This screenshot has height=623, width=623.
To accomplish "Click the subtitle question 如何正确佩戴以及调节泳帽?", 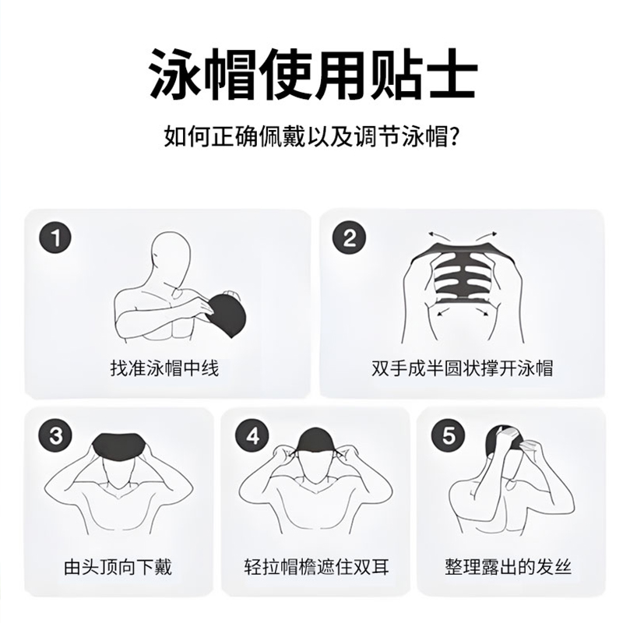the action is click(312, 136).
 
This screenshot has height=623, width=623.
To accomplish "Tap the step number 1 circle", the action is click(55, 238).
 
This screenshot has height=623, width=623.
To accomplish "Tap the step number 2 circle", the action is click(349, 238).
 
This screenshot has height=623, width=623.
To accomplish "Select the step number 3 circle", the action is click(55, 436).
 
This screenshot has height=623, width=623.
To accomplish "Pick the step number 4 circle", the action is click(252, 436).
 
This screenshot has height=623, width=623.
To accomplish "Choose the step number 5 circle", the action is click(449, 436).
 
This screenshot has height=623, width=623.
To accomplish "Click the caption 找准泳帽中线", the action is click(164, 368).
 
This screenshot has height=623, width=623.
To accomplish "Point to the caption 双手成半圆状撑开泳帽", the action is click(462, 368).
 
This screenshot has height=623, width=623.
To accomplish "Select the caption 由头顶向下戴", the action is click(118, 567).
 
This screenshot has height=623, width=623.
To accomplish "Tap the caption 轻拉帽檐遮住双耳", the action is click(317, 567).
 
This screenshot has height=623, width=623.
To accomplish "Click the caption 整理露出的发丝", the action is click(509, 567).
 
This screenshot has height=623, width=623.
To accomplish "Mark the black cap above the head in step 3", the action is click(118, 446).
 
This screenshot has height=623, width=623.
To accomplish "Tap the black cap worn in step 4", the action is click(316, 442).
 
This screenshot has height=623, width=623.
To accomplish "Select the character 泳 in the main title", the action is click(174, 74).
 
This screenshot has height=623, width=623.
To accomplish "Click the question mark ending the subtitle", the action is click(456, 136).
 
